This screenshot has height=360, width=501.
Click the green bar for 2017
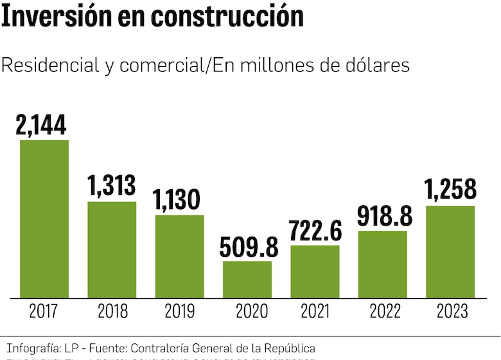[x=44, y=219]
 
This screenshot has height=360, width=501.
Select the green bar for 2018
[x=112, y=249]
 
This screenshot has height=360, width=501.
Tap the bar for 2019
[x=179, y=256]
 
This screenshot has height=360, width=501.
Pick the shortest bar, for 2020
[x=247, y=279]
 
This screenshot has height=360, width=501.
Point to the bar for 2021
[x=315, y=271]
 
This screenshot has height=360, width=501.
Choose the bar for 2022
[x=383, y=264]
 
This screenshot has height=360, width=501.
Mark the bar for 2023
[x=450, y=251]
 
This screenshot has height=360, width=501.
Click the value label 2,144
[x=42, y=125]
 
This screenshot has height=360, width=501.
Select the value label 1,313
[x=112, y=186]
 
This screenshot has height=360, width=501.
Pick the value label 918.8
[x=383, y=216]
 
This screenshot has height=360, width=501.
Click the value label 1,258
[x=451, y=190]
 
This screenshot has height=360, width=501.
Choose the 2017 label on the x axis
[x=44, y=312]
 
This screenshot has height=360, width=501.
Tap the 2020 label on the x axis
[x=247, y=312]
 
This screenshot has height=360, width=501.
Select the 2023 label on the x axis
[x=452, y=312]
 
